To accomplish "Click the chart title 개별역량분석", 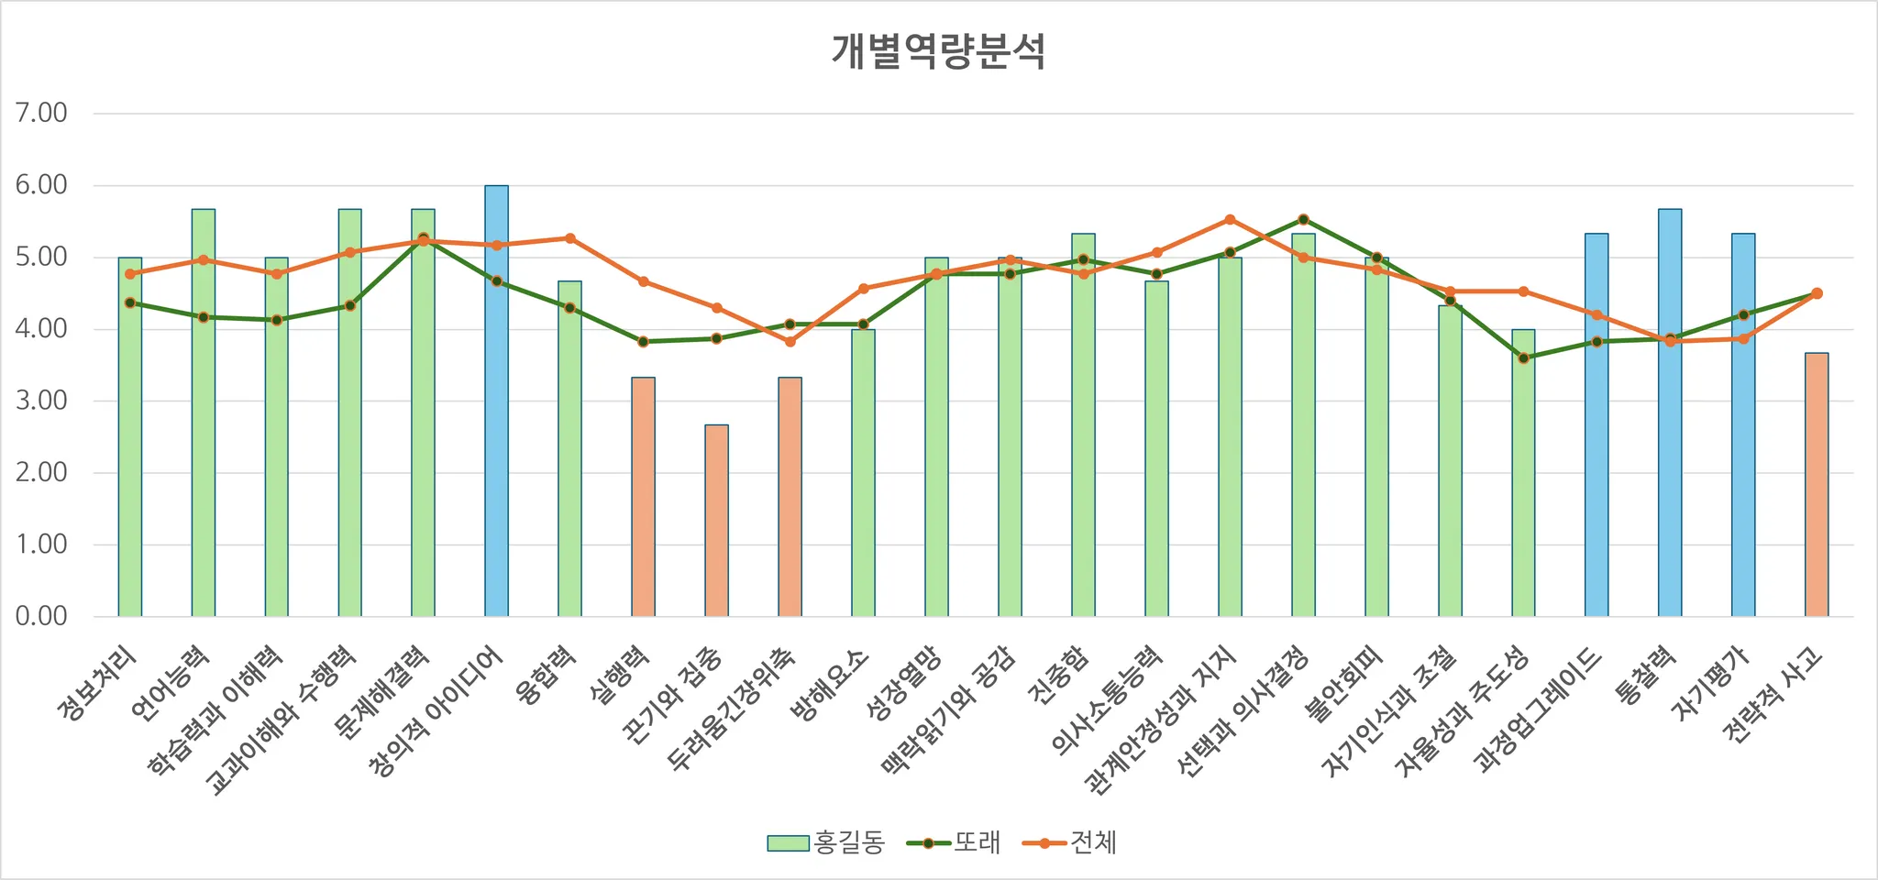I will click(938, 51).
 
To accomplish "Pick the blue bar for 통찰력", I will click(1670, 412).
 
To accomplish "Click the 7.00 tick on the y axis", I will click(42, 114).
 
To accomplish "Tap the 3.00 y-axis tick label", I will click(42, 401).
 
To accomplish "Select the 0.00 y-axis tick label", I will click(42, 616).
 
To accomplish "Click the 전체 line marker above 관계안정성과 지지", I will click(1230, 220).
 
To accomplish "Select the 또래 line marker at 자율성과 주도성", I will click(1523, 358).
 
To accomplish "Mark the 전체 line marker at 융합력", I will click(569, 238).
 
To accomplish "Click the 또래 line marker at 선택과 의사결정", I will click(1303, 220).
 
